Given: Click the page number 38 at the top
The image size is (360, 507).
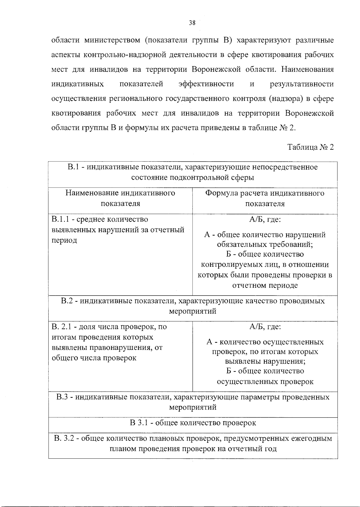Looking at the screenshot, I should (x=192, y=22).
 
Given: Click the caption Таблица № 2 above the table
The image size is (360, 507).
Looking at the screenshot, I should (x=310, y=147).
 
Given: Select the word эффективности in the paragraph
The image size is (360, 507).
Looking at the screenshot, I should (x=206, y=84).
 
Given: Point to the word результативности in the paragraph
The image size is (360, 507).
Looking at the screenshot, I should (x=301, y=84).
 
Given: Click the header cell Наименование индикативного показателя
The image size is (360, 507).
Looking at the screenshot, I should (x=120, y=198).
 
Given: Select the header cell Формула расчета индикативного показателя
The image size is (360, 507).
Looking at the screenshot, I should (x=265, y=198).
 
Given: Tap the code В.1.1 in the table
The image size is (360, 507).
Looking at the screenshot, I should (x=61, y=220).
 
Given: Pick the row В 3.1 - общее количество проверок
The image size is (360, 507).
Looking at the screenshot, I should (x=193, y=423).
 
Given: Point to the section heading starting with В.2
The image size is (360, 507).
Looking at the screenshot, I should (x=193, y=306).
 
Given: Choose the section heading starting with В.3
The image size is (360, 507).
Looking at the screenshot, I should (x=193, y=402).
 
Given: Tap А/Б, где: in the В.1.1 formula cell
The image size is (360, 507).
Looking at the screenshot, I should (x=265, y=220).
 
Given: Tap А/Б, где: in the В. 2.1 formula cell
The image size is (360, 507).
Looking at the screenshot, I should (x=265, y=327).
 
